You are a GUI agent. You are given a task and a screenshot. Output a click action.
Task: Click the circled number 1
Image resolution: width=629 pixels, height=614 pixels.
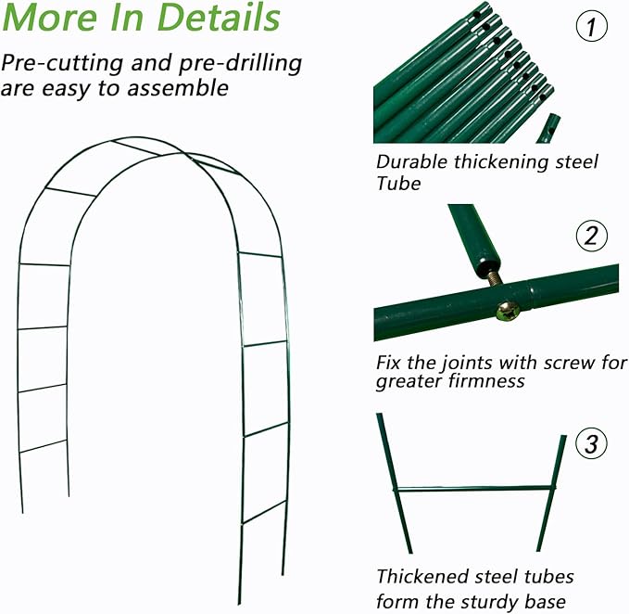(591, 29)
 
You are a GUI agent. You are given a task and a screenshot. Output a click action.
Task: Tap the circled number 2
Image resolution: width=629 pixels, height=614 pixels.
(591, 237)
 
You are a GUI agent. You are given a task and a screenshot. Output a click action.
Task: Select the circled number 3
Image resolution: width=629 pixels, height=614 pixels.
(591, 443)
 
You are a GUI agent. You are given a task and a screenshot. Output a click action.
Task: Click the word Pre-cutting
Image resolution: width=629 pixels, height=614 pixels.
(61, 64)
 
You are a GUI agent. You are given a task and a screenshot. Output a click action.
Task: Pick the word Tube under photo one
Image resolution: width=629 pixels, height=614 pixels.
(398, 184)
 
